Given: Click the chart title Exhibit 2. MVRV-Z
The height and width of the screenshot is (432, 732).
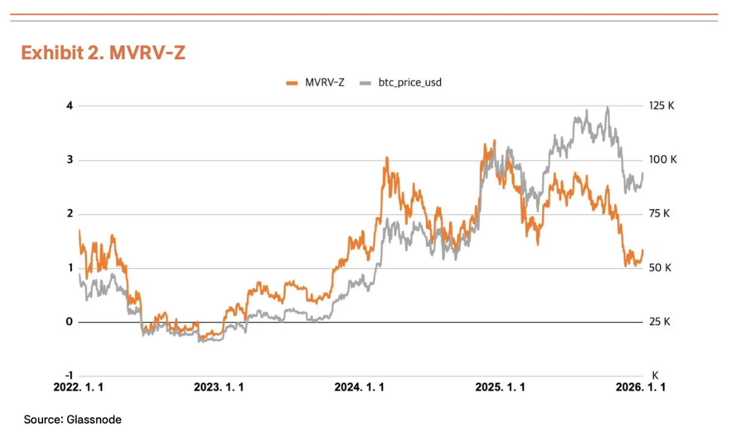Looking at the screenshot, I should pyautogui.click(x=103, y=53).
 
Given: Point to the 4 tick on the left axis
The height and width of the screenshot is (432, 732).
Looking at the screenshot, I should pyautogui.click(x=70, y=106).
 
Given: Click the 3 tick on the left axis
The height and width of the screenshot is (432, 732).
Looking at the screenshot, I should pyautogui.click(x=70, y=160).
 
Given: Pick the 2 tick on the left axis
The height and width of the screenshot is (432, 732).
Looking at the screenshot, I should pyautogui.click(x=70, y=214).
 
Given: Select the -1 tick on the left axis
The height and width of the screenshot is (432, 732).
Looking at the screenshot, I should pyautogui.click(x=68, y=376).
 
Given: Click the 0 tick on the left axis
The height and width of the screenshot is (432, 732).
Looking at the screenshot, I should pyautogui.click(x=70, y=322).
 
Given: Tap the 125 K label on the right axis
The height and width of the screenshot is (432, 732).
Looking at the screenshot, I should pyautogui.click(x=662, y=106).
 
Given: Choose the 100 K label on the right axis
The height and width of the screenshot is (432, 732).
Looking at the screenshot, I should pyautogui.click(x=663, y=160).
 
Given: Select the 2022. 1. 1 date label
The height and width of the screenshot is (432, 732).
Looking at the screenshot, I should pyautogui.click(x=79, y=388).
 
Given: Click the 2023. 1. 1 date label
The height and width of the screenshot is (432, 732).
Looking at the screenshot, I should pyautogui.click(x=219, y=388).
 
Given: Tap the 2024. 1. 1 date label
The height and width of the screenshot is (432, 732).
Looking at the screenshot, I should pyautogui.click(x=359, y=388).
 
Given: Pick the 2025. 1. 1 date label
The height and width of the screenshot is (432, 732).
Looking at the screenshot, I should pyautogui.click(x=500, y=388).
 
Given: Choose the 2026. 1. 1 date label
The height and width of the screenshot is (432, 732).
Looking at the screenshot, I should pyautogui.click(x=641, y=388).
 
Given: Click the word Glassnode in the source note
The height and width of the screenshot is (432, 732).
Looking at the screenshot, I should pyautogui.click(x=96, y=419).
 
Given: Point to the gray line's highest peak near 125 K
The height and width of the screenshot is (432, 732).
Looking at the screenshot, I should pyautogui.click(x=607, y=108).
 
